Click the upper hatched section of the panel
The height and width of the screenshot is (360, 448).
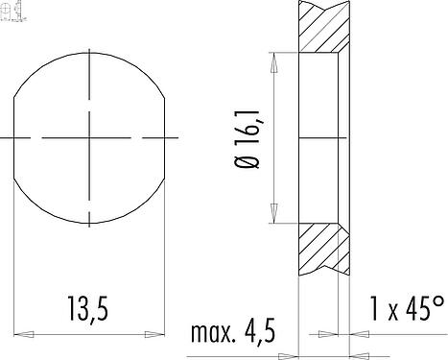coord(322,29)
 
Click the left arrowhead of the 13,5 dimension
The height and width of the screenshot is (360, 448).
coord(21,334)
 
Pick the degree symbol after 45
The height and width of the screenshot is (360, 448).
coord(438,300)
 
